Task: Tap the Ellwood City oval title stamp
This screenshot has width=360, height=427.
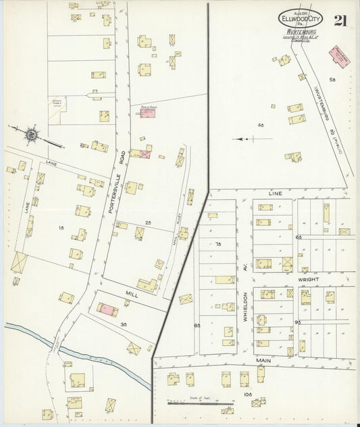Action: [x=301, y=18]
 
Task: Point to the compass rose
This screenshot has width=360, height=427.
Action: [x=31, y=136]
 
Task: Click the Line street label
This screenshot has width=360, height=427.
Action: [x=275, y=193]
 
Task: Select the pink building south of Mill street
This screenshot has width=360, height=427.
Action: [x=107, y=310]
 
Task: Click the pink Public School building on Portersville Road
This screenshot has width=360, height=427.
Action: [x=148, y=114]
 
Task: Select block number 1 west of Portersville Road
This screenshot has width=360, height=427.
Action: [x=61, y=229]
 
